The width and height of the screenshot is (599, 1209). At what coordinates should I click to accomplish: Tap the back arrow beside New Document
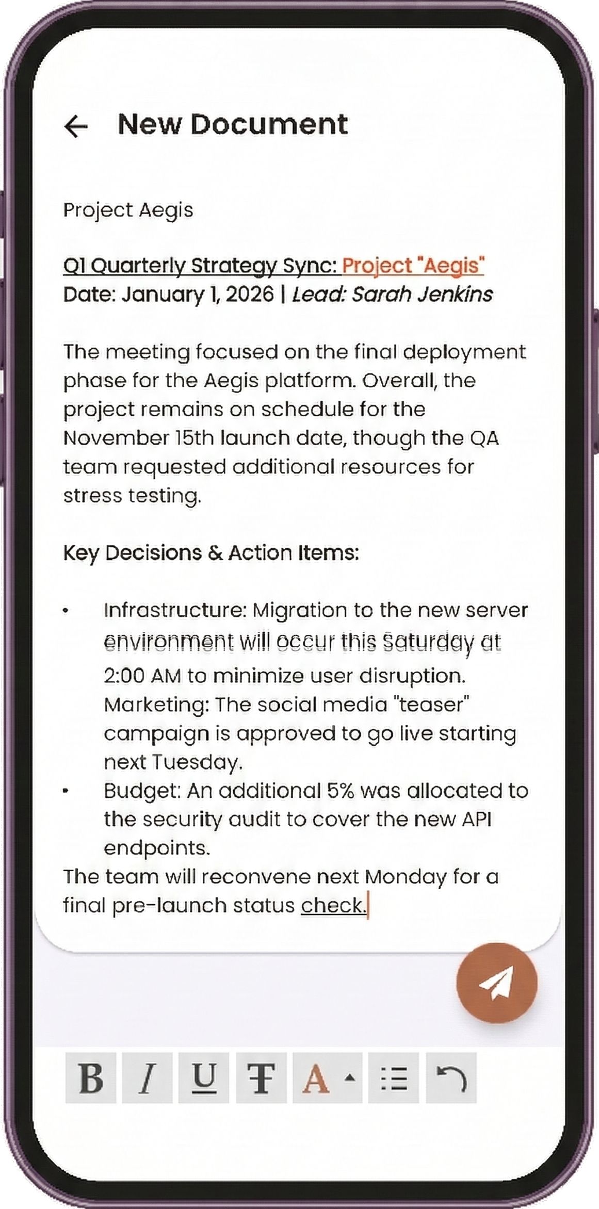click(76, 126)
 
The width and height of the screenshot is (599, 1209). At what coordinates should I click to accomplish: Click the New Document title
click(233, 124)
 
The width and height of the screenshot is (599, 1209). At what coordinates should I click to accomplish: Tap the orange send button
click(496, 983)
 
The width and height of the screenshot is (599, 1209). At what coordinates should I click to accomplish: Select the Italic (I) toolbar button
click(148, 1078)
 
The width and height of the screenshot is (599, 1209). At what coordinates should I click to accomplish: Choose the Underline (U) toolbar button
click(204, 1078)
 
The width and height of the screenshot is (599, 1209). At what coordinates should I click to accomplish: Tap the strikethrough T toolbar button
click(261, 1078)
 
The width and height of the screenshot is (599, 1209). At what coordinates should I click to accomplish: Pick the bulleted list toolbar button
click(394, 1078)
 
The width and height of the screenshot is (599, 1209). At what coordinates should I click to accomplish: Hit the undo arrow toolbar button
click(451, 1078)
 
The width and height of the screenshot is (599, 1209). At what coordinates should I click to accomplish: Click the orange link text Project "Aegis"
click(413, 265)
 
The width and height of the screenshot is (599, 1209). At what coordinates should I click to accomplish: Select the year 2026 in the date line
click(250, 295)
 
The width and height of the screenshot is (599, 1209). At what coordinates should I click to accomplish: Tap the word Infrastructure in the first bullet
click(173, 610)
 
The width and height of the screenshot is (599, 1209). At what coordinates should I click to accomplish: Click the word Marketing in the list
click(154, 704)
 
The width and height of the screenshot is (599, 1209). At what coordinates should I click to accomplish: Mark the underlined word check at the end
click(333, 905)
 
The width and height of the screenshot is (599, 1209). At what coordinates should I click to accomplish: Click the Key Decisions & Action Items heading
click(211, 553)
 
